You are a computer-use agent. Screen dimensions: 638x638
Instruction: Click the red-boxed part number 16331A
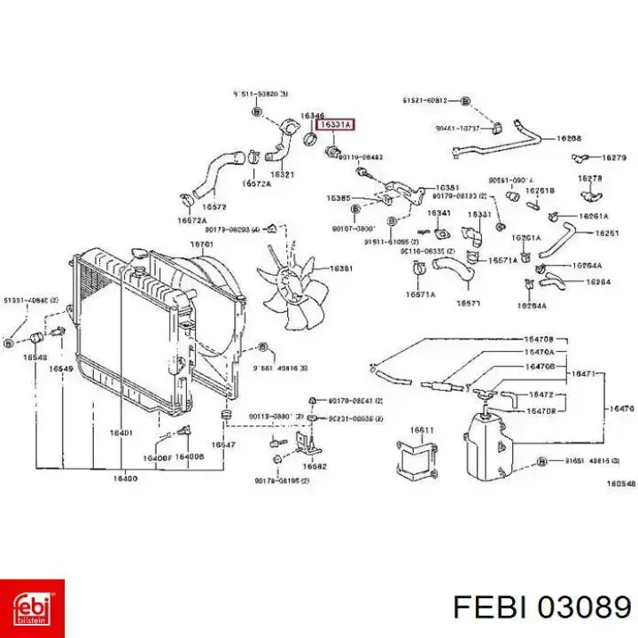click(336, 127)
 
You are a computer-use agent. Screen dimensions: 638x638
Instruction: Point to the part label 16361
click(342, 268)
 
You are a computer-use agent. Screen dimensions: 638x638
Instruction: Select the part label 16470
click(619, 409)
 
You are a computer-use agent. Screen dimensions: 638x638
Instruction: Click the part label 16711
click(203, 244)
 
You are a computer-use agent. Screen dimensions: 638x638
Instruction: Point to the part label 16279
click(613, 158)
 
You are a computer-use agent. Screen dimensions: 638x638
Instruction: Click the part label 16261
click(607, 233)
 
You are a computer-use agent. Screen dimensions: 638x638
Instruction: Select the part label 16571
click(468, 303)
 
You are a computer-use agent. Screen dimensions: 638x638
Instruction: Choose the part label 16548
click(35, 356)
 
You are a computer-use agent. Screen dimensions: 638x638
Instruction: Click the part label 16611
click(421, 431)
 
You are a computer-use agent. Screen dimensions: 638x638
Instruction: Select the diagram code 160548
click(620, 484)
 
